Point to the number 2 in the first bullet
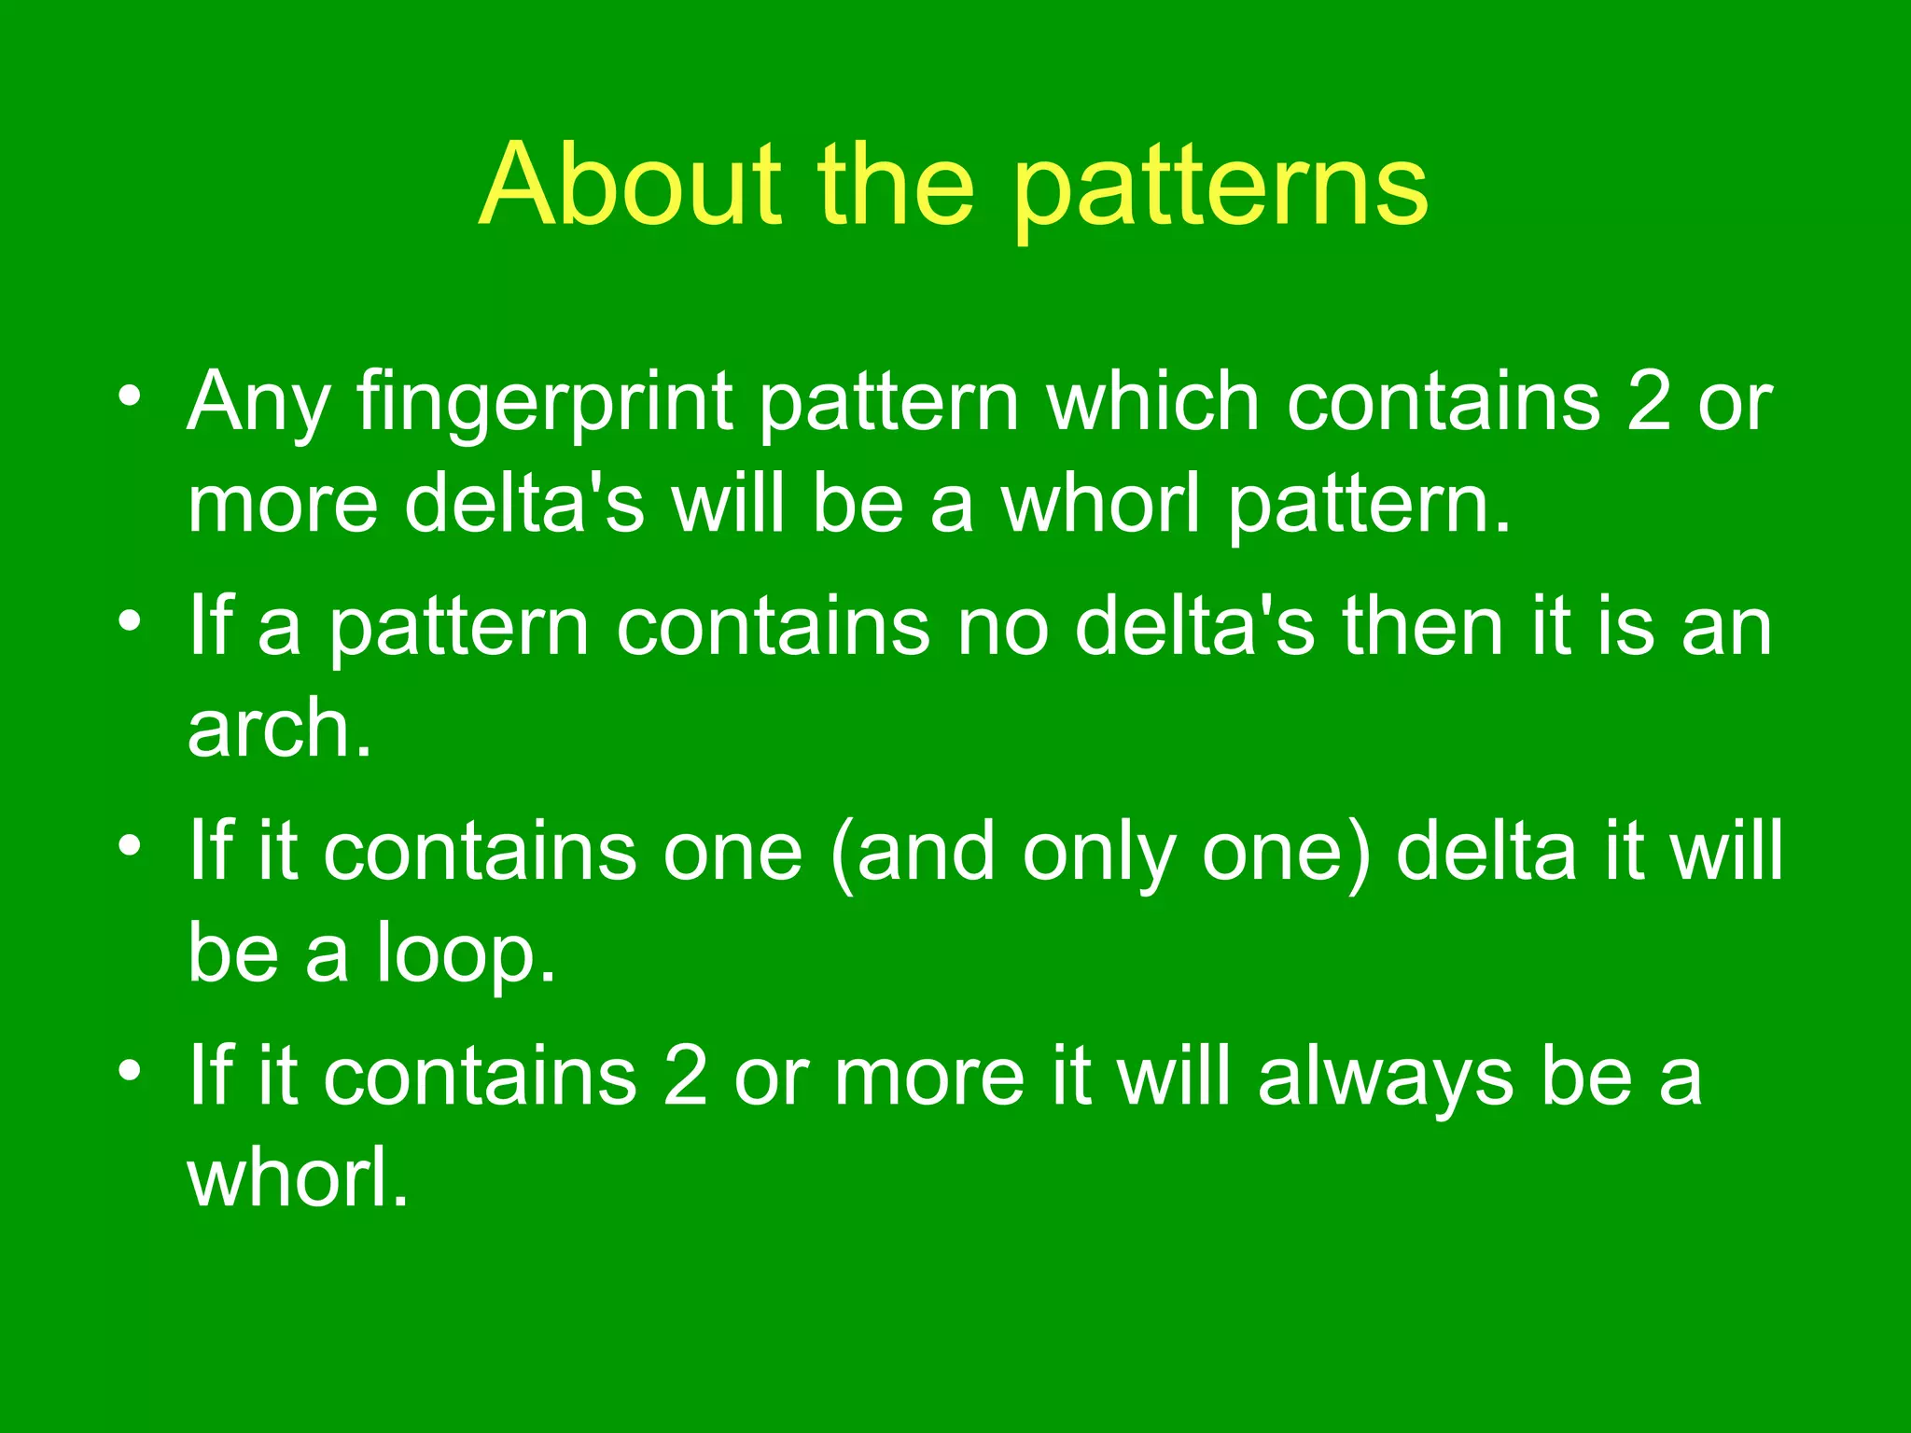[1649, 401]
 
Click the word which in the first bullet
[1153, 401]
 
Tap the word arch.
[279, 729]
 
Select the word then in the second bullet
[1422, 626]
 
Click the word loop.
[465, 953]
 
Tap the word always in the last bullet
[1386, 1078]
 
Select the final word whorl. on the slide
[297, 1178]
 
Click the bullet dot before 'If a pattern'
[130, 621]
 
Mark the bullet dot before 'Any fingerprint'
[130, 397]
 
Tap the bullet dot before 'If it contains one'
[130, 846]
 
